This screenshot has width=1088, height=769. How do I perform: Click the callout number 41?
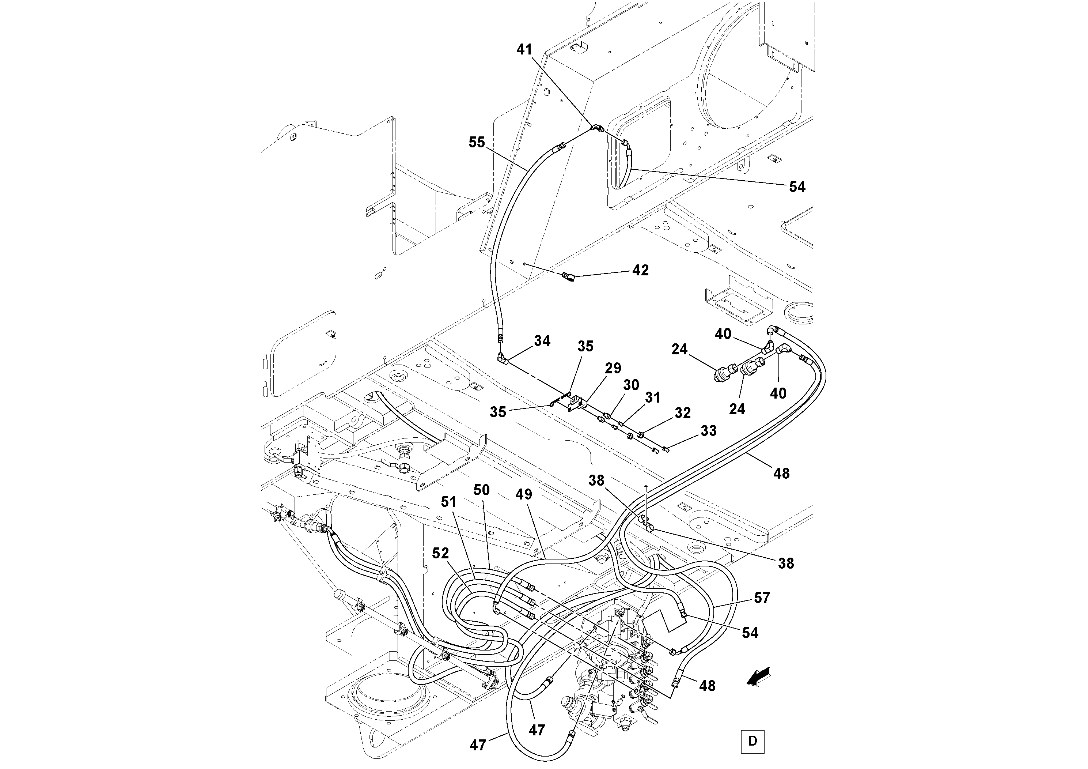(524, 50)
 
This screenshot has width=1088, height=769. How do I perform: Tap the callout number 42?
(640, 270)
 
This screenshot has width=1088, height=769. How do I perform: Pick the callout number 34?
(542, 341)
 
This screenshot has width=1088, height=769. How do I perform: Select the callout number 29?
(613, 368)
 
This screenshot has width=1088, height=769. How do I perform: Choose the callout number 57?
(762, 598)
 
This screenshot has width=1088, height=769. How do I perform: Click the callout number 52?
(440, 553)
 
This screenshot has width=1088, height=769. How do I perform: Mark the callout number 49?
(524, 494)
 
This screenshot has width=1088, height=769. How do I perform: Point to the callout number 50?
(481, 490)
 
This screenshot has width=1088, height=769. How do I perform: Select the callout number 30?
(631, 385)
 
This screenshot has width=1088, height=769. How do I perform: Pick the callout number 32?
(682, 413)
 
